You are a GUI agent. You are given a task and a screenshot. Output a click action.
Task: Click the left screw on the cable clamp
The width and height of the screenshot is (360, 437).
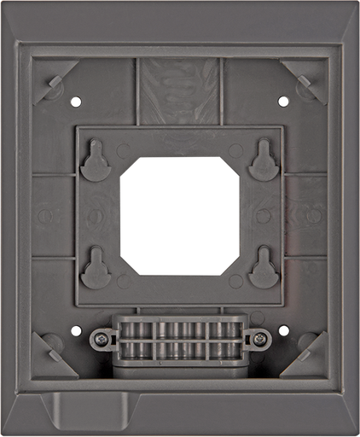pyautogui.click(x=102, y=340)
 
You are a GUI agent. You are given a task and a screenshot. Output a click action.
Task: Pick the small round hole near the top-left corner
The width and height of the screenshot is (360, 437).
pyautogui.click(x=77, y=102)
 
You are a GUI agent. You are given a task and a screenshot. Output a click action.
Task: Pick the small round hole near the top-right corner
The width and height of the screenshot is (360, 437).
pyautogui.click(x=282, y=102)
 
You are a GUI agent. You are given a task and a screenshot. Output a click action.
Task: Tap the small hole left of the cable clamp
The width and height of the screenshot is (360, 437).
pyautogui.click(x=78, y=330)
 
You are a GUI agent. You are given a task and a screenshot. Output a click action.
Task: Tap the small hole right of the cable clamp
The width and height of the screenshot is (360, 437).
pyautogui.click(x=281, y=330)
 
